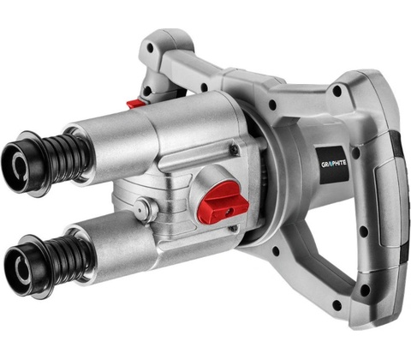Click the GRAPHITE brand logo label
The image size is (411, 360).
click(x=333, y=165)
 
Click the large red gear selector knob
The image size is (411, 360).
click(x=223, y=203)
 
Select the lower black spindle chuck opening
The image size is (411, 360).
click(x=20, y=267)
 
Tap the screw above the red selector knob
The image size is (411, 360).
click(x=235, y=147)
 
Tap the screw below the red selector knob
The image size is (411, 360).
click(x=235, y=228)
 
